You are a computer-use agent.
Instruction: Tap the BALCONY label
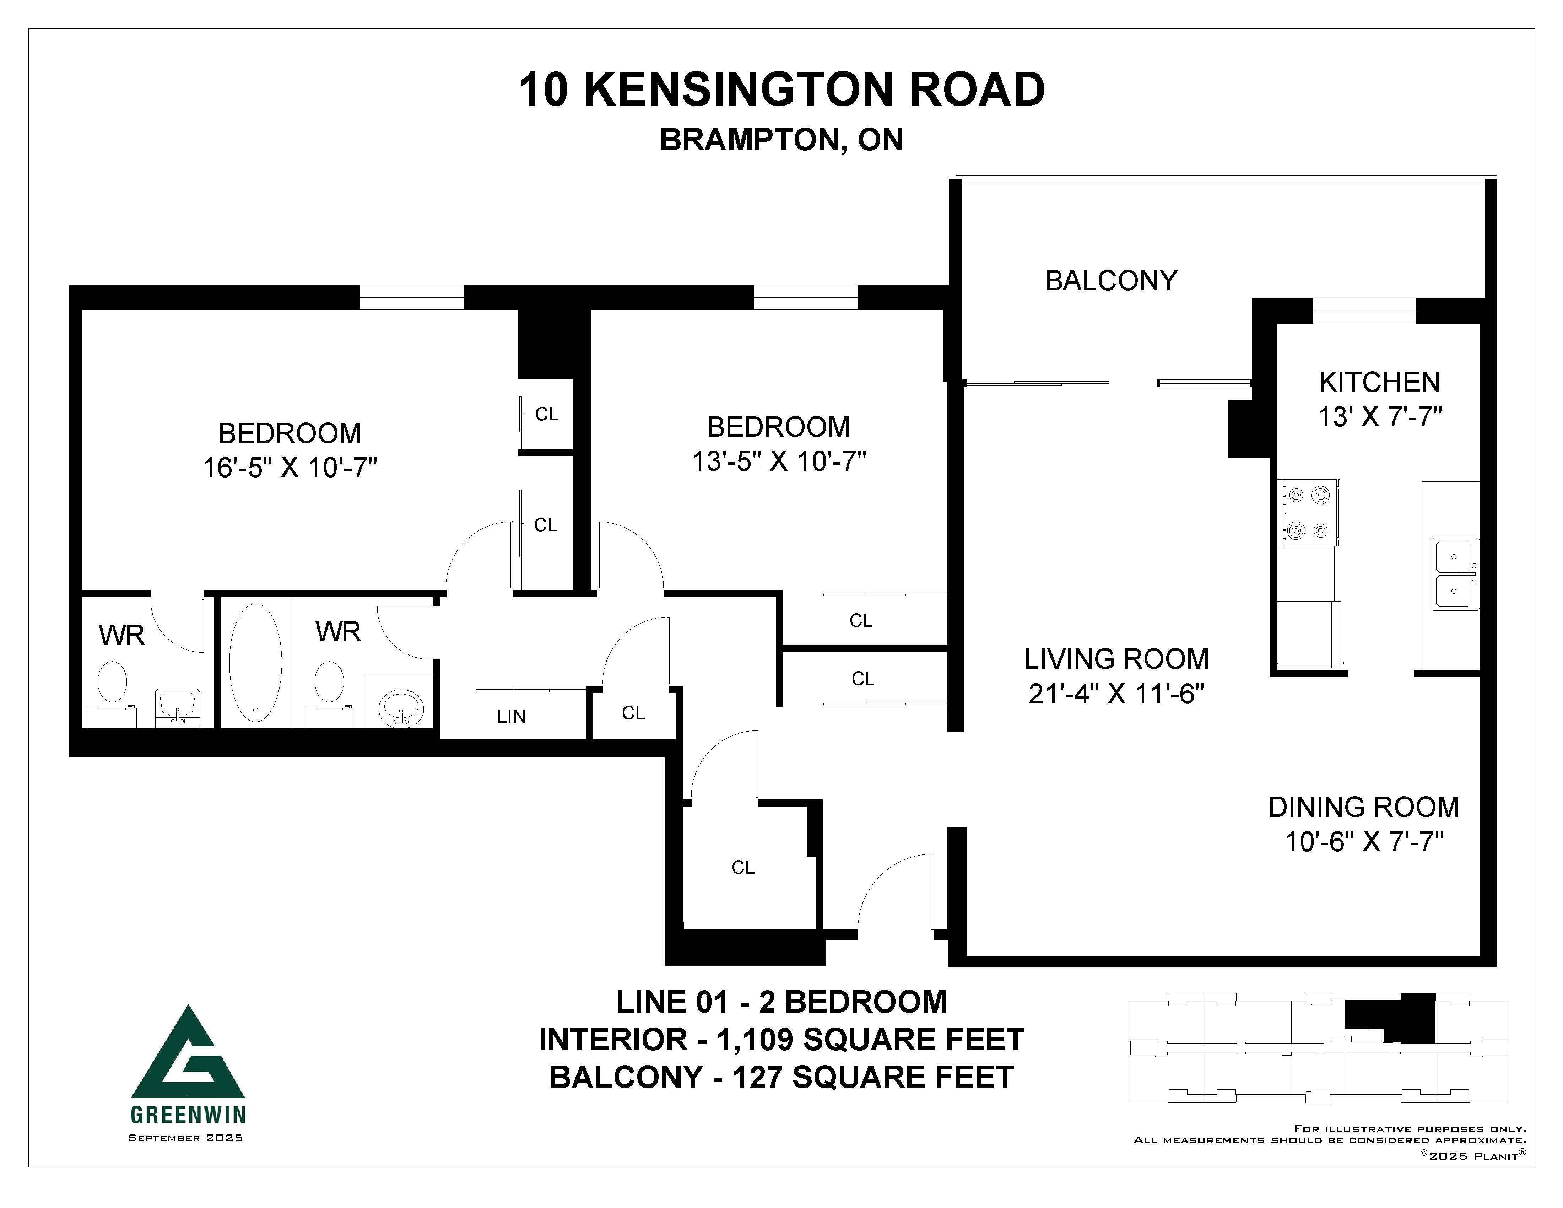point(1111,281)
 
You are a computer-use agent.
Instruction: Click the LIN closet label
point(511,716)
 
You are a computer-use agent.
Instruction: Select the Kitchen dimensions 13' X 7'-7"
point(1379,416)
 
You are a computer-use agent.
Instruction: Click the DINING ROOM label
point(1363,807)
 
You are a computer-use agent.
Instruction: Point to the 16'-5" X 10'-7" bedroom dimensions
point(290,468)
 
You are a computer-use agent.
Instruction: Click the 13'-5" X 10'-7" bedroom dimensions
point(779,462)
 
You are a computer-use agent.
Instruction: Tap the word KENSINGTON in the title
point(739,90)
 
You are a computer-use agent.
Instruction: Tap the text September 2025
point(185,1138)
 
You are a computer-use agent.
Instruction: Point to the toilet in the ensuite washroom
point(112,681)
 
